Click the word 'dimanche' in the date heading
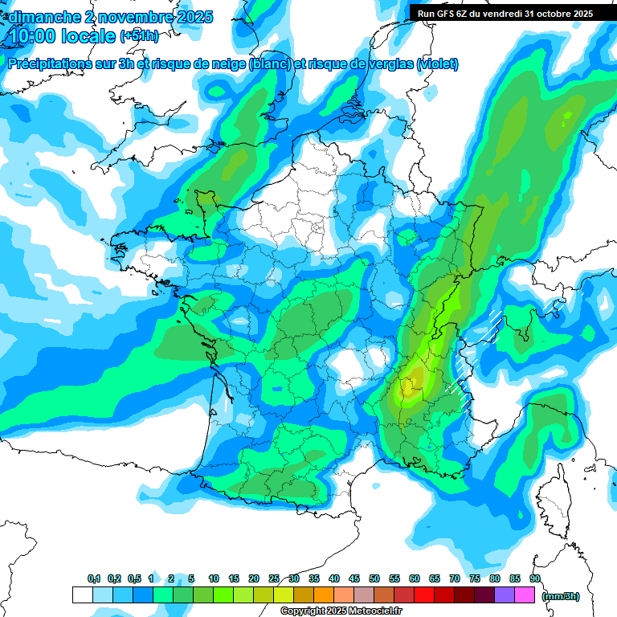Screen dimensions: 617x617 tap(41, 16)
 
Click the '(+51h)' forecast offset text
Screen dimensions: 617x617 tap(139, 35)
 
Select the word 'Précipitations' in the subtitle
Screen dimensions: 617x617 tap(56, 63)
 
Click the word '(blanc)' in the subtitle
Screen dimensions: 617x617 tap(269, 63)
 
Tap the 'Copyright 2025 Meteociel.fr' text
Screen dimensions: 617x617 tap(341, 611)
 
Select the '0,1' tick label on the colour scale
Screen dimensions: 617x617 tap(94, 578)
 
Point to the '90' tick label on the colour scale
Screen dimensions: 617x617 tap(535, 578)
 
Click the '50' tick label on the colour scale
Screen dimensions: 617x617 tap(374, 578)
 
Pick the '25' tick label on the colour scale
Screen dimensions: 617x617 tap(274, 578)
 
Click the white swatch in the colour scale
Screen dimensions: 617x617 tap(82, 595)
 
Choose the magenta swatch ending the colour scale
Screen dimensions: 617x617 tap(525, 595)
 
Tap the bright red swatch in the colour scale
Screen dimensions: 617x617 tap(423, 595)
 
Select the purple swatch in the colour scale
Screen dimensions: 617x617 tap(505, 595)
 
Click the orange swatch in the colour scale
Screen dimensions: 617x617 tap(324, 595)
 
